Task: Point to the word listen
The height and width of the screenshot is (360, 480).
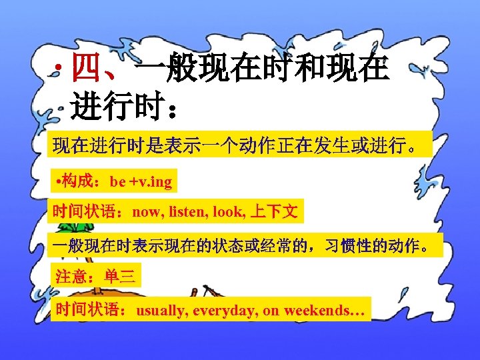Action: pos(187,213)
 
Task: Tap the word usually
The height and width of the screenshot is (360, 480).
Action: pos(162,311)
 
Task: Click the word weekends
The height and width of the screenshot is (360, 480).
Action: pos(317,311)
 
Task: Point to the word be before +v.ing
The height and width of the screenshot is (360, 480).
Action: pos(118,181)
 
